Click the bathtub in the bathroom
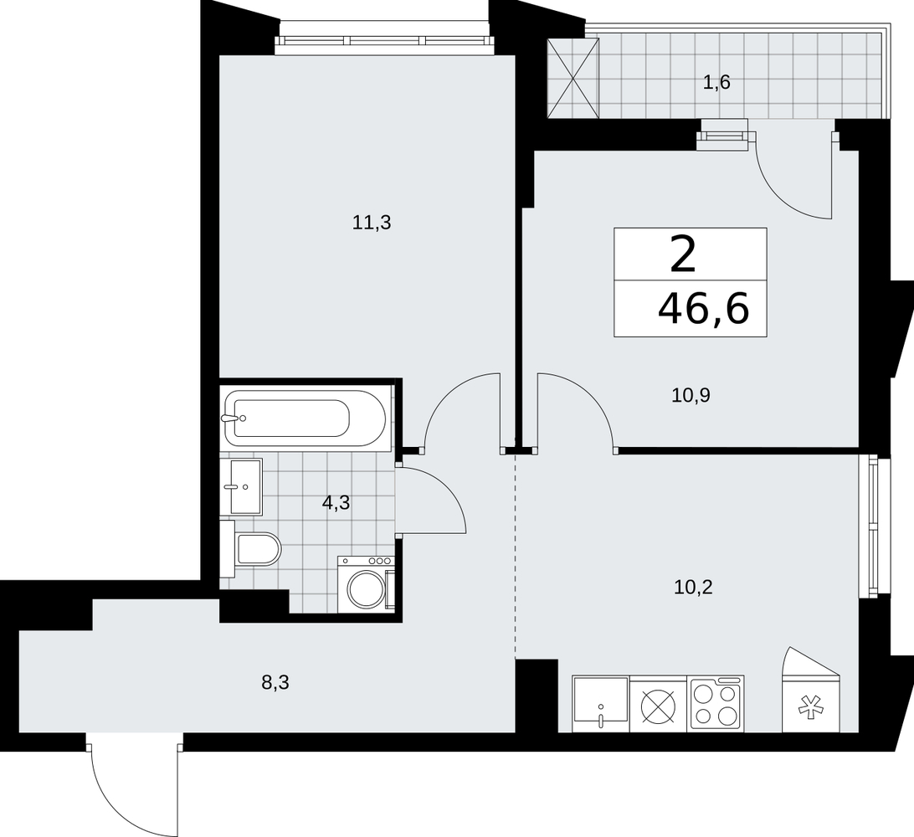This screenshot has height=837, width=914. [306, 418]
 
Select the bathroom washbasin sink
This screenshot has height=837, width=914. [241, 486]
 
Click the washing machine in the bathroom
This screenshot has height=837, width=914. [366, 584]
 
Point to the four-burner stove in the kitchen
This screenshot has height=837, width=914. [716, 704]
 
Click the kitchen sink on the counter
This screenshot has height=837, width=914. [600, 704]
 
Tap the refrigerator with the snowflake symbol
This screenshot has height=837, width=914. [811, 690]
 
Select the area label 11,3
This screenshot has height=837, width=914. [372, 223]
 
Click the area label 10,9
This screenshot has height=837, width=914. [691, 397]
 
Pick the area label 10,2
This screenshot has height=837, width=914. [693, 588]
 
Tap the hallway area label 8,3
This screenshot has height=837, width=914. [275, 682]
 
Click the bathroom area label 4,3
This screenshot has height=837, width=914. [336, 502]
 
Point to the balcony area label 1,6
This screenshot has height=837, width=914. [716, 83]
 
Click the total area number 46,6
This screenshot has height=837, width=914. [704, 308]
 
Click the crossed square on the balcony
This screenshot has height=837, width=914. [573, 78]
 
